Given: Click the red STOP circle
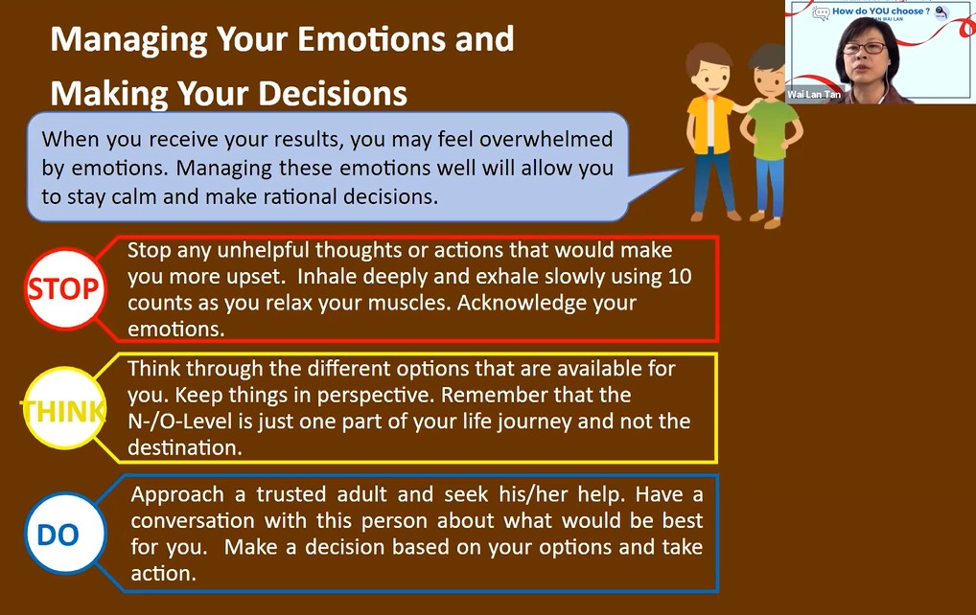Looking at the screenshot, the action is (65, 288).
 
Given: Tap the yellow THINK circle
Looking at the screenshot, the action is (63, 408).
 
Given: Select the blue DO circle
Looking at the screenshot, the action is (65, 534).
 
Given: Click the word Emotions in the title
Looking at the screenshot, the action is (373, 38).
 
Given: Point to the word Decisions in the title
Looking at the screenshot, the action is (333, 93).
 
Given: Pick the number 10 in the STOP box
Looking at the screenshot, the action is (680, 276).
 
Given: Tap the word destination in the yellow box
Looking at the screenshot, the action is (185, 447).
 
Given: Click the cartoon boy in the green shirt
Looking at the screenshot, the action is (771, 135).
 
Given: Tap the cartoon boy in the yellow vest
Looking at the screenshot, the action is (712, 131).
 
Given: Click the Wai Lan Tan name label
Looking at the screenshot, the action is (814, 95).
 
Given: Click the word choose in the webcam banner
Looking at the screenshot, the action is (908, 11).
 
